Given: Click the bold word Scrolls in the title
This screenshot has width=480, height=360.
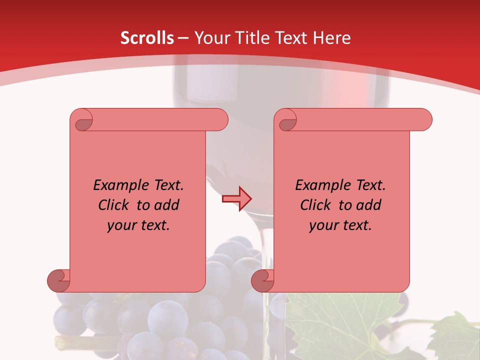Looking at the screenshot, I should (x=147, y=38).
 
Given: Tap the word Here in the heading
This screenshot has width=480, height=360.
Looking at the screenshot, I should (x=332, y=38).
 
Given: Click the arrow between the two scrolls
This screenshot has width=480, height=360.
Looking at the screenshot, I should (x=236, y=198).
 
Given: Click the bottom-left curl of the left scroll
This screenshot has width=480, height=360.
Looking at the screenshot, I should (x=58, y=280).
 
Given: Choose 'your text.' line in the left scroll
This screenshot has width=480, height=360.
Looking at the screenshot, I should (x=138, y=225).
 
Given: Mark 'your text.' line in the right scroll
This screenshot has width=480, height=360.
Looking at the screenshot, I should (x=340, y=225).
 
